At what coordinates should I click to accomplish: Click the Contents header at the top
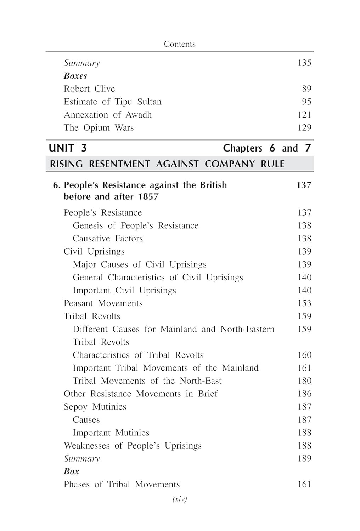coord(180,44)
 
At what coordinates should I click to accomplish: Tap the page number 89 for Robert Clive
coord(306,89)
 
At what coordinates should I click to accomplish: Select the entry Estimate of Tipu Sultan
coord(112,102)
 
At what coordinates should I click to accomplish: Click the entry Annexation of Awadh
coord(108,115)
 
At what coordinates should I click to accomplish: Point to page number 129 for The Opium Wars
coord(304,128)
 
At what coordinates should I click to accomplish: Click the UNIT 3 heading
coord(68,148)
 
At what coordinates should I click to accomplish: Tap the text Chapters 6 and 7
coord(267,148)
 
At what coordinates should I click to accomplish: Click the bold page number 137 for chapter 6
coord(304,185)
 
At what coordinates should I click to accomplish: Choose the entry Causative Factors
coord(108,239)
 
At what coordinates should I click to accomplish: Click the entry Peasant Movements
coord(103,303)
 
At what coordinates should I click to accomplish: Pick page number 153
coord(304,303)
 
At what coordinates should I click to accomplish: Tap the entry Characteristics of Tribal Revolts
coord(138,355)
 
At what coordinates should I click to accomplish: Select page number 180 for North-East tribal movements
coord(304,381)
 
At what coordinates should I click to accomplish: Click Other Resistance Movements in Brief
coord(141,394)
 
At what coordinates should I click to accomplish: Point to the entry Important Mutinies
coord(111,433)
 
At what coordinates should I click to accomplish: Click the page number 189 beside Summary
coord(304,458)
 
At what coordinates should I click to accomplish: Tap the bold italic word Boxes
coord(75,76)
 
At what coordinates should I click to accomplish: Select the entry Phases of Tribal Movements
coord(122,485)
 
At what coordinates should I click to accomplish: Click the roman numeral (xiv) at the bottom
coord(180,499)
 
